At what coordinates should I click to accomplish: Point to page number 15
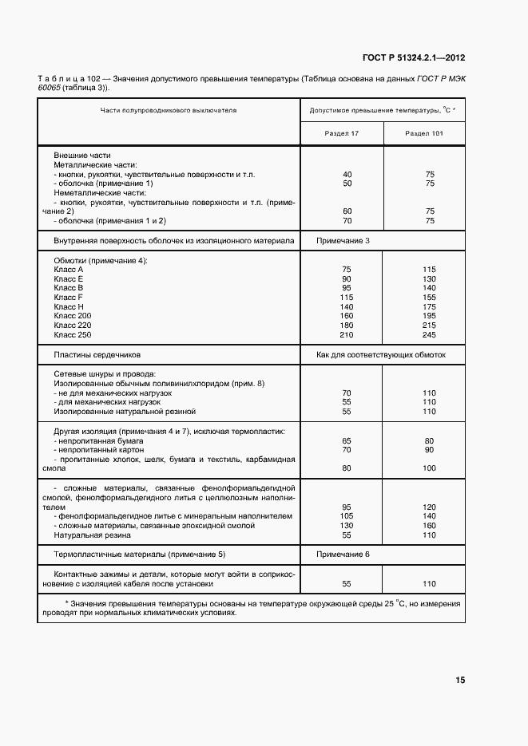click(460, 681)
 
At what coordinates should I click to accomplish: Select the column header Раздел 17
click(342, 133)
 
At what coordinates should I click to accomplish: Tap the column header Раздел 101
click(424, 133)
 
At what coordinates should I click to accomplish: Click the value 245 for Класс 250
click(429, 336)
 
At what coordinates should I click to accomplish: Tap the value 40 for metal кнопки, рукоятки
click(347, 174)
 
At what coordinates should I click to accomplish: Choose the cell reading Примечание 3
click(343, 240)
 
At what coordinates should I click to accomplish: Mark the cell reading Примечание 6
click(343, 554)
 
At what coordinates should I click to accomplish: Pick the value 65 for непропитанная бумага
click(347, 440)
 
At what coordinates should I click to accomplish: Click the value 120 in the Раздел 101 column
click(429, 507)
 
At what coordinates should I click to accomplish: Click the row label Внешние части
click(82, 155)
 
